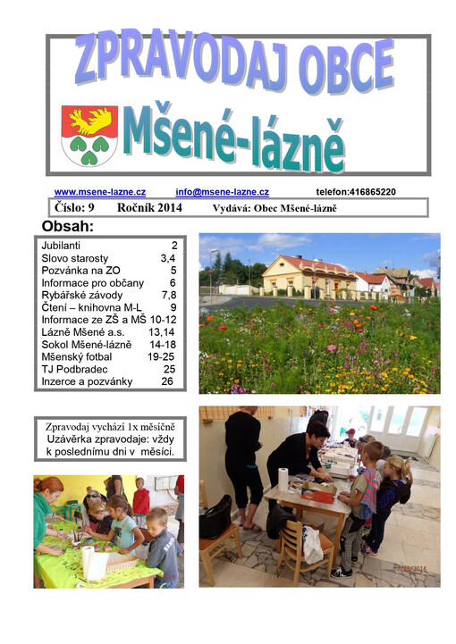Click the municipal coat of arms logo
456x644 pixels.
coord(89,135)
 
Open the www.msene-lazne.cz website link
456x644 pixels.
coord(99,192)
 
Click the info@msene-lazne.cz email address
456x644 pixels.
coord(222,192)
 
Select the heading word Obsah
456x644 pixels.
coord(68,226)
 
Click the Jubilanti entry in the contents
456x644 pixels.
coord(61,245)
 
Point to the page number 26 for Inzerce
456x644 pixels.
coord(167,381)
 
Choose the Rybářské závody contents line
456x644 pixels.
coord(80,295)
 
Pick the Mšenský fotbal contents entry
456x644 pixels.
coord(79,356)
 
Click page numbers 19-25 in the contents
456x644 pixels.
coord(162,356)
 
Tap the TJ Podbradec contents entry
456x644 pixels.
coord(76,369)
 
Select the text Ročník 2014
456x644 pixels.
coord(148,208)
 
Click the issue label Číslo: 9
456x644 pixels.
coord(74,208)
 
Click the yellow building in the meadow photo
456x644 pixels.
coord(304,274)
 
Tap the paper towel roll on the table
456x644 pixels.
coord(283,479)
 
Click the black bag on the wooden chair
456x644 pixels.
coord(215,517)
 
